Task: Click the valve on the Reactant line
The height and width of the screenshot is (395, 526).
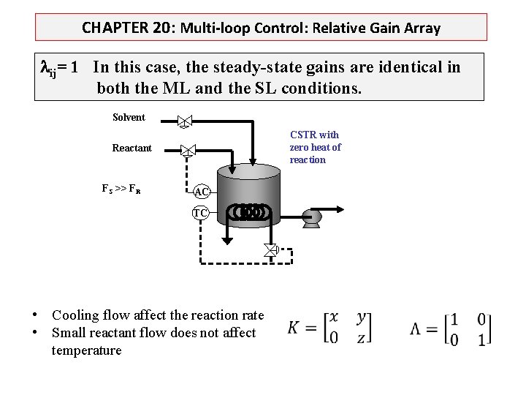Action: (x=188, y=151)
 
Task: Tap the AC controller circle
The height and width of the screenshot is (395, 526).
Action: (x=202, y=192)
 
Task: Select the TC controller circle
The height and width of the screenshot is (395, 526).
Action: (x=200, y=213)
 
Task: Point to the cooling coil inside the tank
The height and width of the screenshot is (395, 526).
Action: (x=248, y=212)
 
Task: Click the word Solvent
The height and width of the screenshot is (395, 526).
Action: (x=129, y=117)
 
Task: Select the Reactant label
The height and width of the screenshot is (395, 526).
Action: (x=132, y=148)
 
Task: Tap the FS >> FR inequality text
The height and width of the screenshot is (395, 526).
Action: (x=121, y=189)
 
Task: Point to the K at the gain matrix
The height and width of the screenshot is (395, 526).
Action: (x=294, y=327)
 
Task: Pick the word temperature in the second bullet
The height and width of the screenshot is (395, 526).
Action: (x=86, y=350)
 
